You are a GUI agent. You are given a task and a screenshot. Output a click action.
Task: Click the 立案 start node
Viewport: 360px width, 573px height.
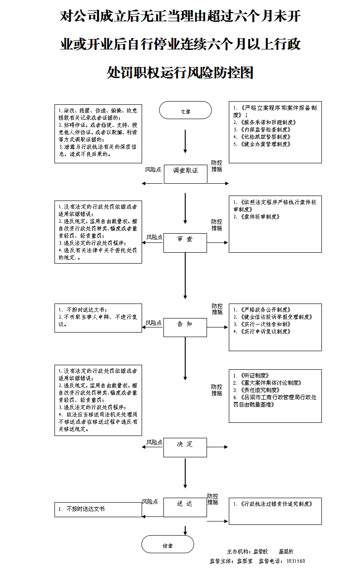[x=185, y=111]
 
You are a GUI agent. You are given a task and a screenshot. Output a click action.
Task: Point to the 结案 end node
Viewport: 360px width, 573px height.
[x=168, y=544]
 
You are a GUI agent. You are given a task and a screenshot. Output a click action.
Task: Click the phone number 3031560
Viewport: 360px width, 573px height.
[x=296, y=561]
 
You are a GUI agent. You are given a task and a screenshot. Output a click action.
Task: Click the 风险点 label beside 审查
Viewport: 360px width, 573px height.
[x=154, y=237]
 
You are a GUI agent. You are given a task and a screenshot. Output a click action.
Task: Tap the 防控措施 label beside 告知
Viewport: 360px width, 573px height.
[x=217, y=309]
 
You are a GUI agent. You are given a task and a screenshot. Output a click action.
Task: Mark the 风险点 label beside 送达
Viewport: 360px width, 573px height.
[x=150, y=501]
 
